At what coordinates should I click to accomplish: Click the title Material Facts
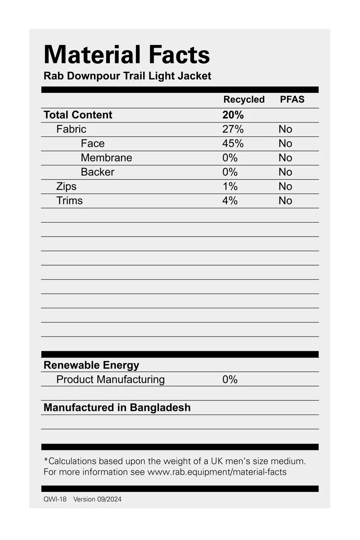click(126, 55)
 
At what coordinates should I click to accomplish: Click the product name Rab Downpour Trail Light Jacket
click(127, 76)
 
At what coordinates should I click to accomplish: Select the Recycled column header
click(244, 100)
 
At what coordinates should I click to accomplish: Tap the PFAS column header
click(292, 100)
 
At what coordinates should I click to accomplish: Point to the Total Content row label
click(78, 115)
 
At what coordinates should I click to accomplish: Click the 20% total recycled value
click(233, 115)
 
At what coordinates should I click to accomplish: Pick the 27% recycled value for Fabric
click(233, 129)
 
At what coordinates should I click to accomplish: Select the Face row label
click(93, 144)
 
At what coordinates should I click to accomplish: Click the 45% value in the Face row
click(233, 144)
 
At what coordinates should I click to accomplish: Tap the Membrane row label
click(107, 158)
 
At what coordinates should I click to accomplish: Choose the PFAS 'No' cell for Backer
click(285, 172)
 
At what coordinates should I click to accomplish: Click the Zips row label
click(67, 186)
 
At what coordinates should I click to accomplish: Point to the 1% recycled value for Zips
click(230, 186)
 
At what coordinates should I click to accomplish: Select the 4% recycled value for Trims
click(230, 201)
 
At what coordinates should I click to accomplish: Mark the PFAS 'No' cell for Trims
click(285, 201)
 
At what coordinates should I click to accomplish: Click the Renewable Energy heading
click(91, 365)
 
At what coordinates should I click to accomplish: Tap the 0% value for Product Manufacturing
click(230, 380)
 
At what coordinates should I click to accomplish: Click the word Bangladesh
click(160, 408)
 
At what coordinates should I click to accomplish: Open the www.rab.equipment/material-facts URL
click(217, 472)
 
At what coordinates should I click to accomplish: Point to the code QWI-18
click(55, 499)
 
